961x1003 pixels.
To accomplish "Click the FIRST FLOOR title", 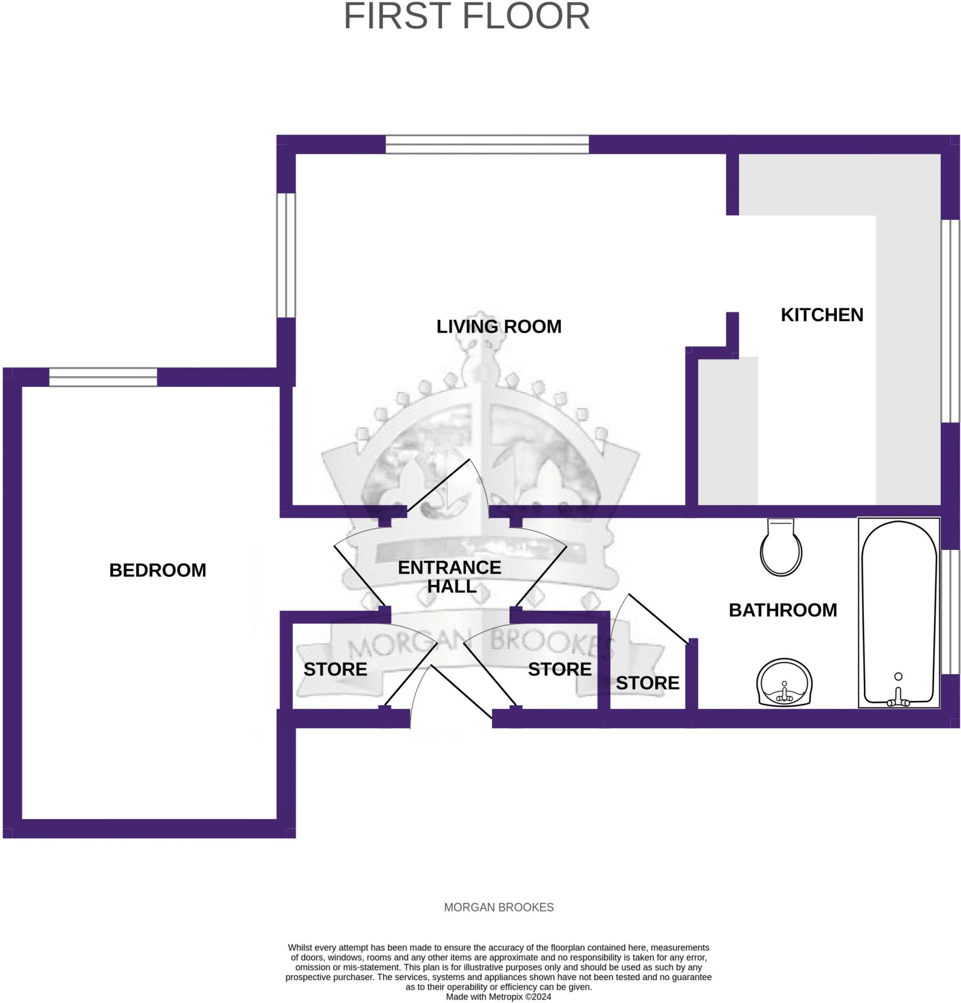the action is [x=467, y=16].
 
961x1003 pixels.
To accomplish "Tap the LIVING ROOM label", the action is [x=499, y=327].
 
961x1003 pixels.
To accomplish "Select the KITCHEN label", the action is [x=822, y=315].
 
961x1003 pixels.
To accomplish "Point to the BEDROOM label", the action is [x=158, y=570].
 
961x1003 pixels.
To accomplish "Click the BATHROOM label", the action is [x=783, y=610].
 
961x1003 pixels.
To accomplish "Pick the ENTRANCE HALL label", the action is [x=449, y=577].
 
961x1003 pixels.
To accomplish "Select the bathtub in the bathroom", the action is [x=899, y=613].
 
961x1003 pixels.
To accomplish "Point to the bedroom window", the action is [x=103, y=377].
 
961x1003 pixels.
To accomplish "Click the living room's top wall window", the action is [x=487, y=144].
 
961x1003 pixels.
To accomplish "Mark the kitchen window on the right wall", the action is [x=950, y=321].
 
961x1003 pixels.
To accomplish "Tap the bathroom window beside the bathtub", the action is [x=950, y=612].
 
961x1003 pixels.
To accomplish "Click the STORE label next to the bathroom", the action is [x=648, y=683].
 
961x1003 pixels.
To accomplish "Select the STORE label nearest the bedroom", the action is [x=335, y=669].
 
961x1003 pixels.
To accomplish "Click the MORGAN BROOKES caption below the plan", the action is [x=499, y=907].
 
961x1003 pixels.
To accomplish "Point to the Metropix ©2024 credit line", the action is [x=499, y=997].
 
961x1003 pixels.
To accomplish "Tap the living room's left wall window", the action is [x=286, y=255].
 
